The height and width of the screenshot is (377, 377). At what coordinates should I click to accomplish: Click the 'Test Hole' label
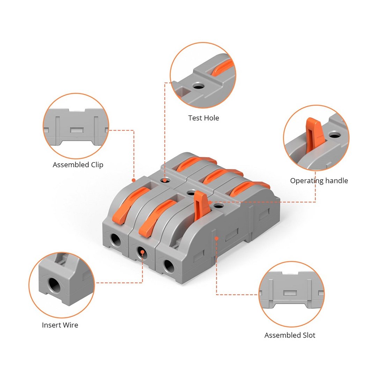coord(204,118)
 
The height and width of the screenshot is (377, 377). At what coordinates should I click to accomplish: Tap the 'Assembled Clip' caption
coord(78,165)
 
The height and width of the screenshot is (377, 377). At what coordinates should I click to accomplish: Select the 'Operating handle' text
coord(319,180)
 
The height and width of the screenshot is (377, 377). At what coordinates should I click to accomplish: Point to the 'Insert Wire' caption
coord(60,325)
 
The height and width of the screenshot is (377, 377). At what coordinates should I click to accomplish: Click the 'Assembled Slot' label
coord(290,335)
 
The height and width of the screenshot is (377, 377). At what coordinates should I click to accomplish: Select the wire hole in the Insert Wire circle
coord(54,286)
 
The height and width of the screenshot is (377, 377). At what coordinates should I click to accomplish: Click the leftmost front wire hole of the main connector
coord(116,240)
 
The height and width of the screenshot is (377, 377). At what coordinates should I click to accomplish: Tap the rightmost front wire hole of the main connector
coord(169,266)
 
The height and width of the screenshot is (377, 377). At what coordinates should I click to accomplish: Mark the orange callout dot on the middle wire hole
coord(142,252)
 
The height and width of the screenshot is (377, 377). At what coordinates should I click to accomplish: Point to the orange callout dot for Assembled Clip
coord(134,180)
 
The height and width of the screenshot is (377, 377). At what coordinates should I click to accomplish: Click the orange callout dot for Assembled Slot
coord(216,238)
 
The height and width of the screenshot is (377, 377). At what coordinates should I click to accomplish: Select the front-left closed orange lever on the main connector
coord(127,205)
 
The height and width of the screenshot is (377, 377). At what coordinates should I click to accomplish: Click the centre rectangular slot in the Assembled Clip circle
coord(77,130)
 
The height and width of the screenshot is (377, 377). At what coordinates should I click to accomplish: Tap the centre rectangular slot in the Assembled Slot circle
coord(290,293)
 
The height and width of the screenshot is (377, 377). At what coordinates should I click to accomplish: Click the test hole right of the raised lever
coord(218,206)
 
